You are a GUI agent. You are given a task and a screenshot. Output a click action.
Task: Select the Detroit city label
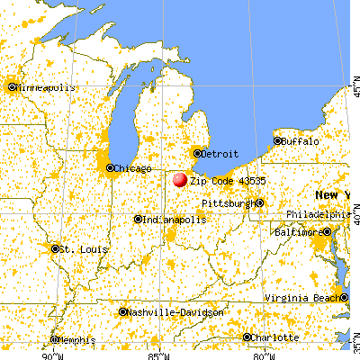pyautogui.click(x=219, y=155)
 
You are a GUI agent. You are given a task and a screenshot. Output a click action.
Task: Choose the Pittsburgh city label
pyautogui.click(x=228, y=203)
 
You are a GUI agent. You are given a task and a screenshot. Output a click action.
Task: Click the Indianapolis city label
pyautogui.click(x=170, y=220)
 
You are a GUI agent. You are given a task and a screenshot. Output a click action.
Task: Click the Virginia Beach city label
pyautogui.click(x=306, y=298)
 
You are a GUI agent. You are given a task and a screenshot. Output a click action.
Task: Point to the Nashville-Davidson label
pyautogui.click(x=175, y=311)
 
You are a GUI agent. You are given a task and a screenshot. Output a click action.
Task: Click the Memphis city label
pyautogui.click(x=75, y=340)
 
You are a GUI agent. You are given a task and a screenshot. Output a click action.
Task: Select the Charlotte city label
pyautogui.click(x=275, y=337)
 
